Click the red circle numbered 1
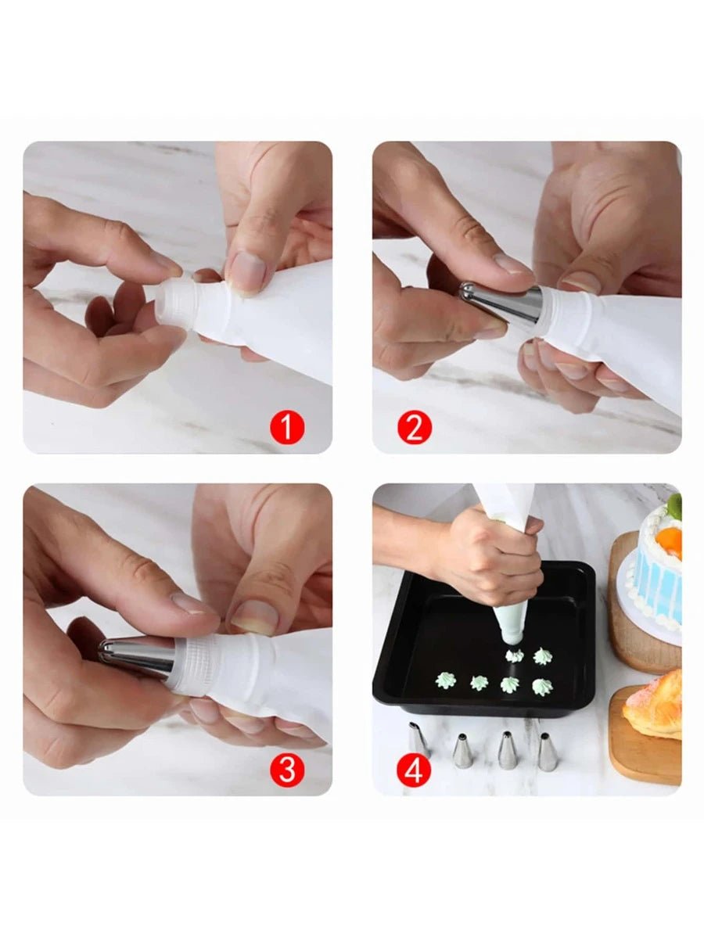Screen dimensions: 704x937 pyautogui.click(x=287, y=427)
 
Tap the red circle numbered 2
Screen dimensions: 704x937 pyautogui.click(x=415, y=427)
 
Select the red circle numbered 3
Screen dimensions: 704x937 pyautogui.click(x=287, y=770)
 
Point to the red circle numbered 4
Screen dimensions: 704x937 pyautogui.click(x=414, y=770)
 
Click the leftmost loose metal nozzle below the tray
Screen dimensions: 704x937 pyautogui.click(x=419, y=739)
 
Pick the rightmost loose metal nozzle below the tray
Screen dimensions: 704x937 pyautogui.click(x=547, y=751)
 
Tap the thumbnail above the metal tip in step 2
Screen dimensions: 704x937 pyautogui.click(x=512, y=263)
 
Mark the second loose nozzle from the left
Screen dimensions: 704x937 pyautogui.click(x=462, y=751)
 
